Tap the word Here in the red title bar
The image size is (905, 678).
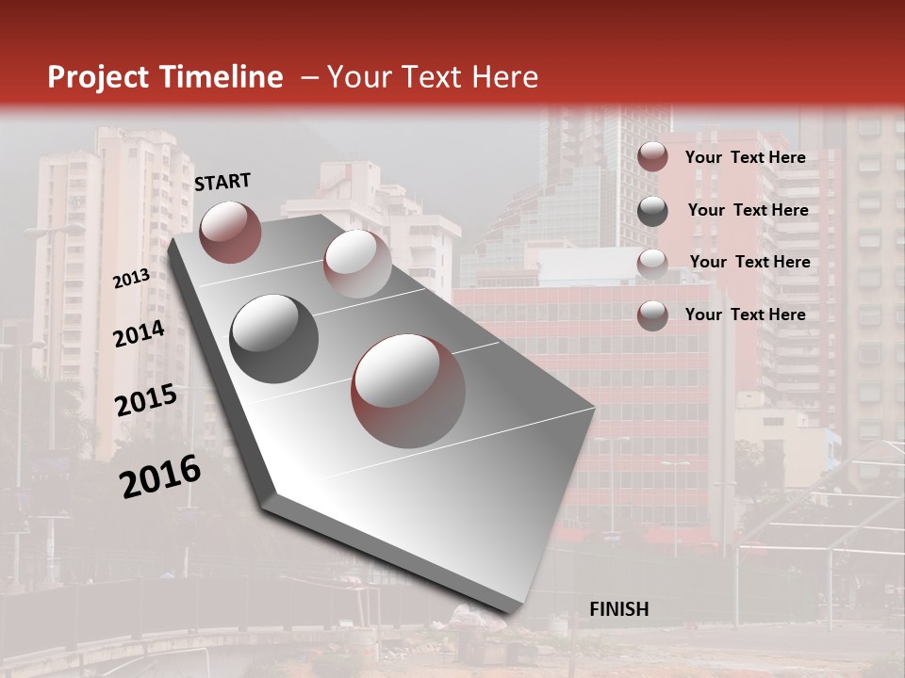[504, 77]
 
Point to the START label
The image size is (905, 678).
[222, 182]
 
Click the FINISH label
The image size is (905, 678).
[618, 609]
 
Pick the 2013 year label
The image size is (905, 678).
[131, 279]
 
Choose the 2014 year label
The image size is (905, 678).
[139, 333]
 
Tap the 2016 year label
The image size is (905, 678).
[159, 476]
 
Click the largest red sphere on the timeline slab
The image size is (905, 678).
[408, 390]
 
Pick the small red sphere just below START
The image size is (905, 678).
[230, 232]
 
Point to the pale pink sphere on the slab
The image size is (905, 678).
[357, 263]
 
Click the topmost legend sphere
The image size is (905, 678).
[652, 156]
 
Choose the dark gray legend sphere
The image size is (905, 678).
[652, 211]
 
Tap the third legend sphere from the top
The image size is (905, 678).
[652, 263]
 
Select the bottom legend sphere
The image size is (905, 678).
[652, 315]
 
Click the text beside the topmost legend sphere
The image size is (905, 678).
[745, 157]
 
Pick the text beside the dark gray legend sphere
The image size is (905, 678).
[748, 210]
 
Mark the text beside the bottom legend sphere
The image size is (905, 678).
[745, 315]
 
